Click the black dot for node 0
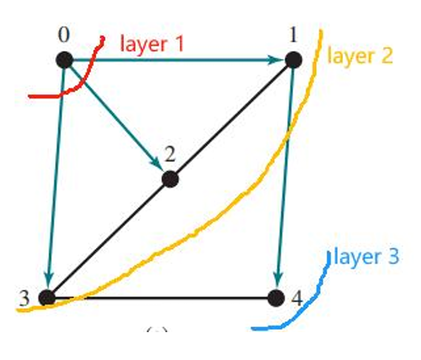[x=64, y=60]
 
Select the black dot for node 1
[x=293, y=60]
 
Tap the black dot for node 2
[x=170, y=179]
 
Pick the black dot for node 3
[x=46, y=298]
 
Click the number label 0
[x=64, y=36]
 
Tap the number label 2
[x=170, y=155]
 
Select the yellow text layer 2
[x=360, y=56]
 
